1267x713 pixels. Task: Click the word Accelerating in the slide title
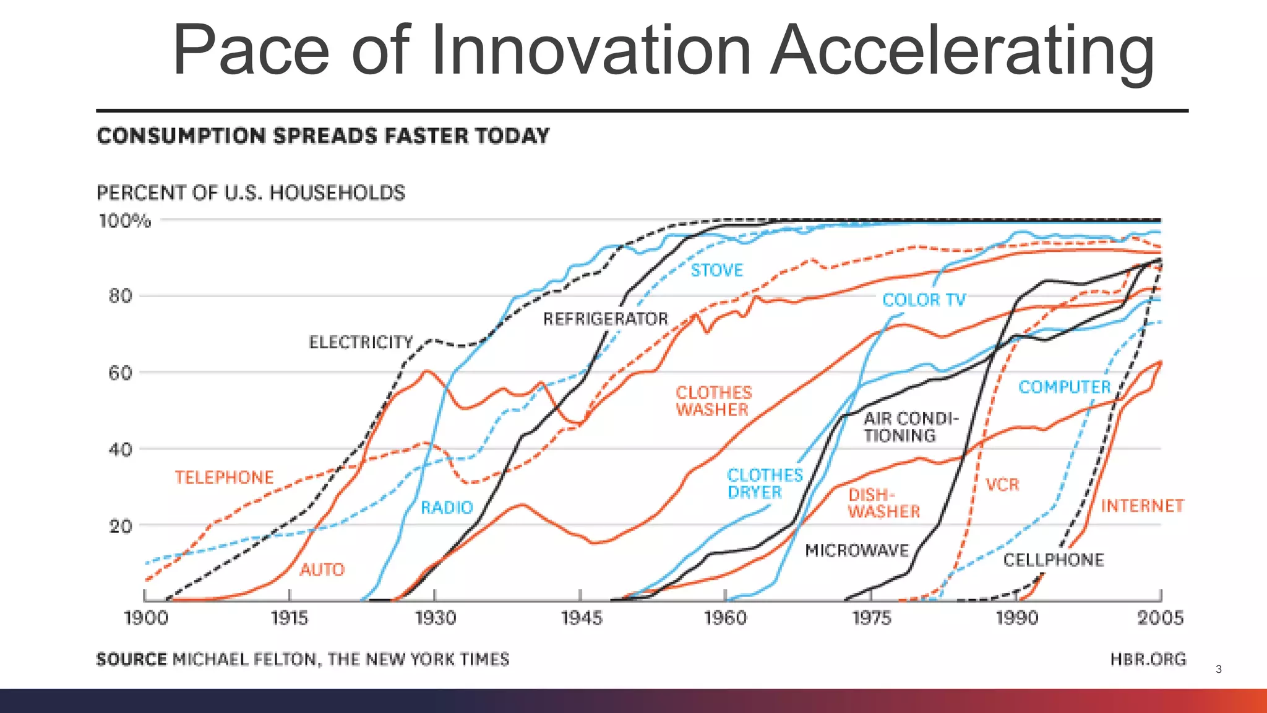[963, 51]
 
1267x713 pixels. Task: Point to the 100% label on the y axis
[124, 221]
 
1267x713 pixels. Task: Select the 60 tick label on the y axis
[121, 373]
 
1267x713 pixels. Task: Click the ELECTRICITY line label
[361, 342]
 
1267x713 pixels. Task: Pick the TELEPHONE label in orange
[224, 477]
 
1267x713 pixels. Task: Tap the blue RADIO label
[447, 508]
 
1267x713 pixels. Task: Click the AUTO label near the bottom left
[322, 569]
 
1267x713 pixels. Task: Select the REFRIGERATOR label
[606, 319]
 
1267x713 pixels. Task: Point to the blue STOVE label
[716, 270]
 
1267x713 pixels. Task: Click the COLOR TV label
[924, 300]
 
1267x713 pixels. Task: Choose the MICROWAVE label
[857, 550]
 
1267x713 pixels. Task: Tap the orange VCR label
[1002, 485]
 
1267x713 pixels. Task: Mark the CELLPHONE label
[1053, 560]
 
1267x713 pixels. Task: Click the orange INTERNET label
[1142, 506]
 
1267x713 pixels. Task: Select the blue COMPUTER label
[1064, 387]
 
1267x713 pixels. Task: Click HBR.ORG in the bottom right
[1148, 659]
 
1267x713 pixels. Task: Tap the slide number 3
[1218, 669]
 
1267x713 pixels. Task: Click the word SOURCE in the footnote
[131, 659]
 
